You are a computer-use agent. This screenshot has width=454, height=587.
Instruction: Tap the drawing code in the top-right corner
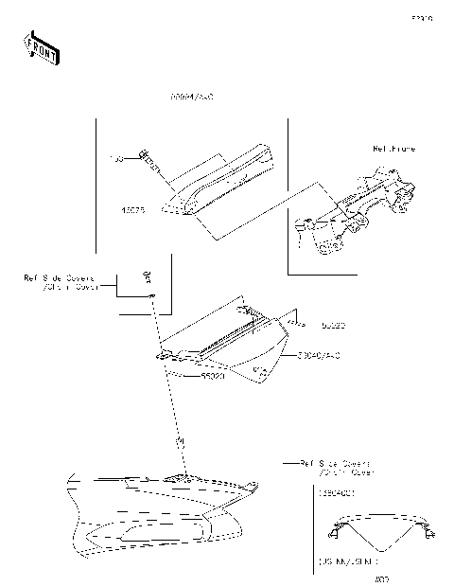click(421, 18)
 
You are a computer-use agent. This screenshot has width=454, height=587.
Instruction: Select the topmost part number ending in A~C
click(191, 98)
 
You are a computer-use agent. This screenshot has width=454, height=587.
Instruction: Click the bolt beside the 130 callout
click(148, 159)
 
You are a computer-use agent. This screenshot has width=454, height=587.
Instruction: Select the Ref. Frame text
click(393, 150)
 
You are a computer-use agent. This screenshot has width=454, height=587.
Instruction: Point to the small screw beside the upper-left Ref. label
click(147, 276)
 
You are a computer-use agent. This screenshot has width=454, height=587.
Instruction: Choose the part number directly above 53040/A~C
click(332, 326)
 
